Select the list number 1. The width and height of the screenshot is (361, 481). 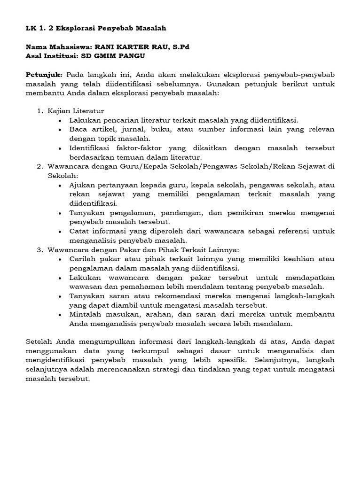(39, 111)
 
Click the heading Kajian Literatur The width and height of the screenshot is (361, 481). (75, 111)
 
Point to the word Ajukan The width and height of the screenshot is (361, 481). (82, 185)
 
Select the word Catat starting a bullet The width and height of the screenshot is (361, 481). (79, 231)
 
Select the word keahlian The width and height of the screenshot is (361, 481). (288, 258)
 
